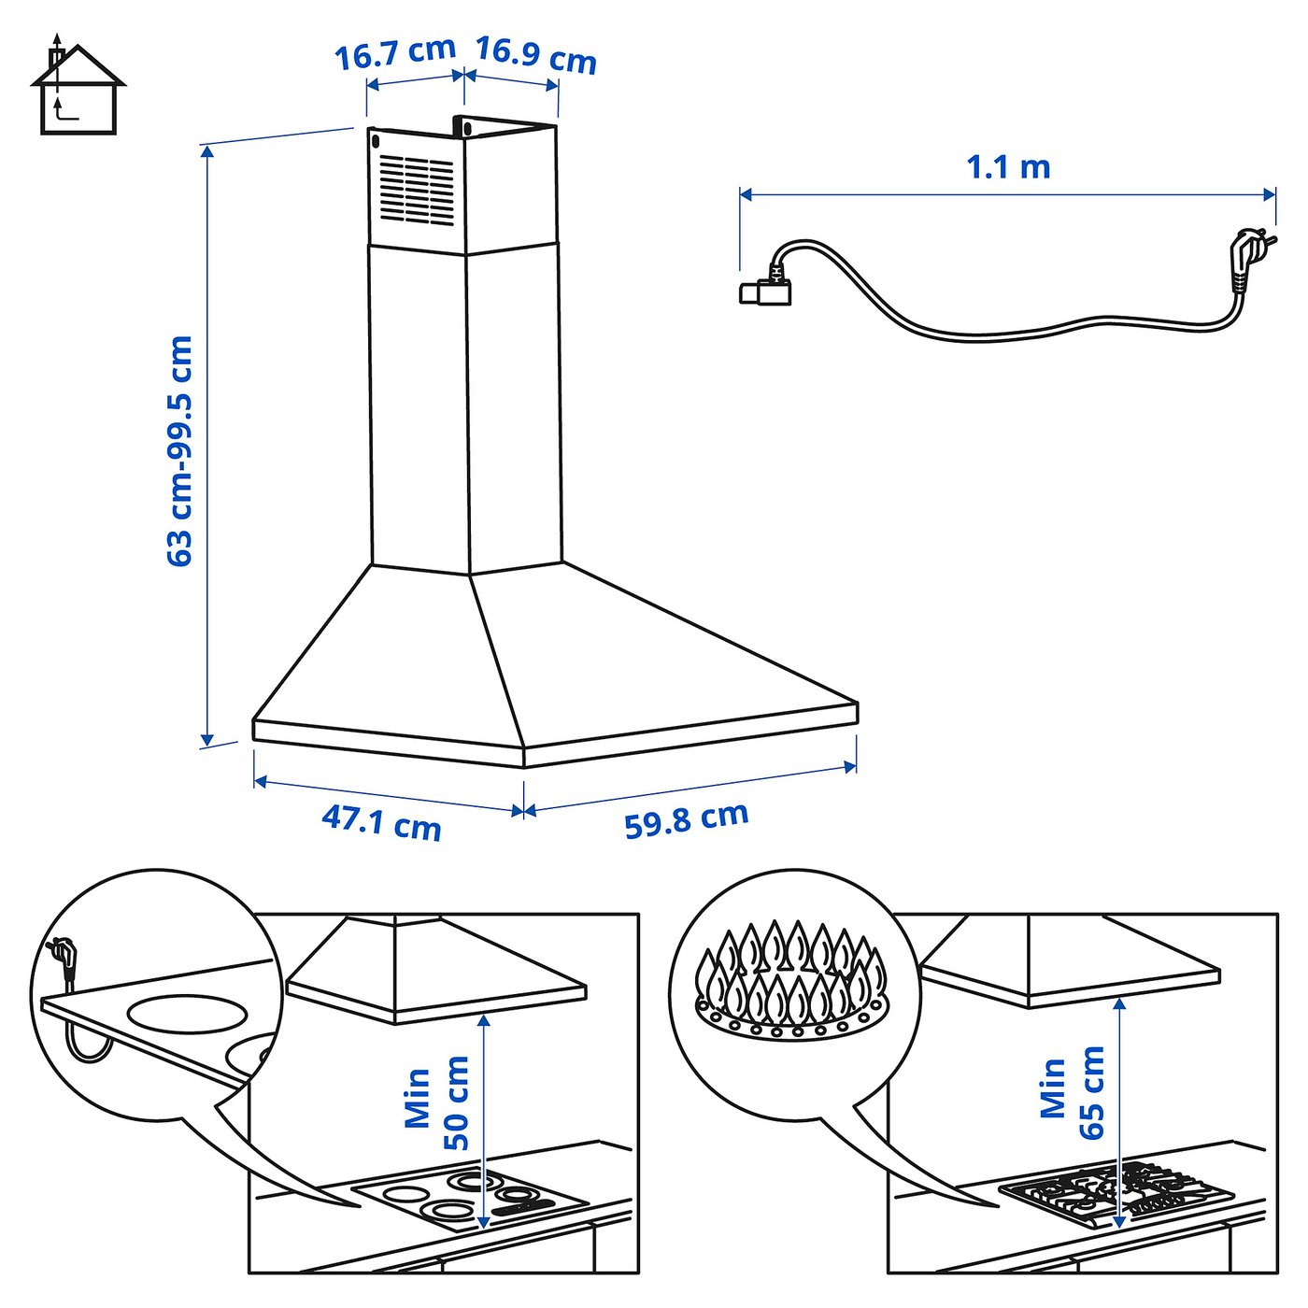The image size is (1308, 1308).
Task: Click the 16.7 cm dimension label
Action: coord(394,52)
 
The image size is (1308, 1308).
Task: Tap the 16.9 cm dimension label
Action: coord(535,54)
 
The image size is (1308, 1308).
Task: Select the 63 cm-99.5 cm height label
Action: coord(179,451)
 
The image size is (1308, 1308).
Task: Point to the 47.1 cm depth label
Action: coord(381,822)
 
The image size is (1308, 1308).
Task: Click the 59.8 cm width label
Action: coord(687,819)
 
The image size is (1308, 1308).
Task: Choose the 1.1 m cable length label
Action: coord(1008,167)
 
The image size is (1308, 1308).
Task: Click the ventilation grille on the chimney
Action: coord(416,189)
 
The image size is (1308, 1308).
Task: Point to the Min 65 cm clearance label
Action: coord(1073,1090)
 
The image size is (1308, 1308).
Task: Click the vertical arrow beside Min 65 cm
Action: coord(1118,1112)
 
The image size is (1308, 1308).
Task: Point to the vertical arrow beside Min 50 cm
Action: coord(483,1121)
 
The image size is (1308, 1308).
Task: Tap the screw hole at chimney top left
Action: coord(376,143)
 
